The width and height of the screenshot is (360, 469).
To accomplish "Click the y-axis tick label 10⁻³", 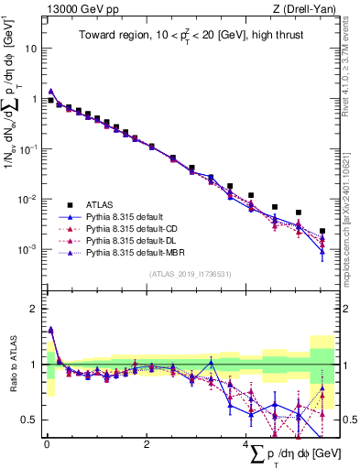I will tap(28, 250).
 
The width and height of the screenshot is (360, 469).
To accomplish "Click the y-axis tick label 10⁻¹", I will tap(28, 149).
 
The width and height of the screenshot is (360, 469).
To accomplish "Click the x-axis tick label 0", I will tap(47, 444).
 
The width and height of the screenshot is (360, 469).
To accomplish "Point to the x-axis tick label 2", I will tap(147, 444).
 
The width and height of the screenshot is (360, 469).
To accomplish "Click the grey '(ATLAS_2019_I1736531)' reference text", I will tap(189, 273).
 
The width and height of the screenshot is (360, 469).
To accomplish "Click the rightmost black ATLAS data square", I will tap(322, 232).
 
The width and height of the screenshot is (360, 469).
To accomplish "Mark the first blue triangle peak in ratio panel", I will tap(50, 330).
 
